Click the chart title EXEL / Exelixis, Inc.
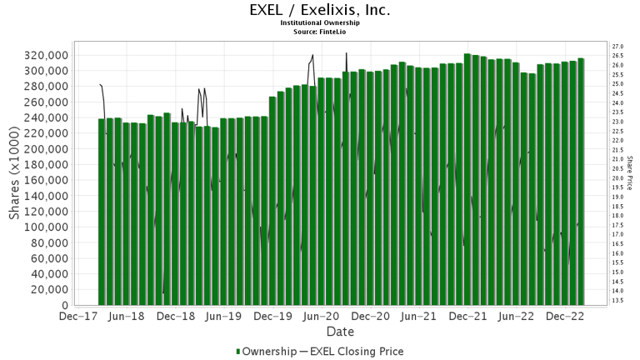[320, 11]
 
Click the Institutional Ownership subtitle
[320, 23]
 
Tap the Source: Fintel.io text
[320, 32]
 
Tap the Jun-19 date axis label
[222, 317]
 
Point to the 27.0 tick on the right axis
[617, 46]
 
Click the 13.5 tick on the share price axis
[617, 300]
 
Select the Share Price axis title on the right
[632, 172]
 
